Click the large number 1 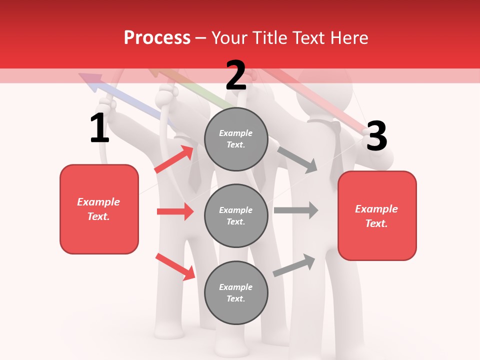coord(99,128)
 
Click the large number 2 coord(236,75)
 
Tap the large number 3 coord(376,136)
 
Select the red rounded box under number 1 coord(99,209)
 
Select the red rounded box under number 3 coord(377,215)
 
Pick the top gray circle coord(236,139)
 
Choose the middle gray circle coord(236,215)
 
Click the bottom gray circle coord(236,292)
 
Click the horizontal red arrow coord(175,211)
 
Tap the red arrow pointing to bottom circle coord(175,266)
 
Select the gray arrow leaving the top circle coord(297,159)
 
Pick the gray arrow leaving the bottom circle coord(294,264)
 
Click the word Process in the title coord(157,38)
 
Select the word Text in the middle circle coord(235,221)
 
